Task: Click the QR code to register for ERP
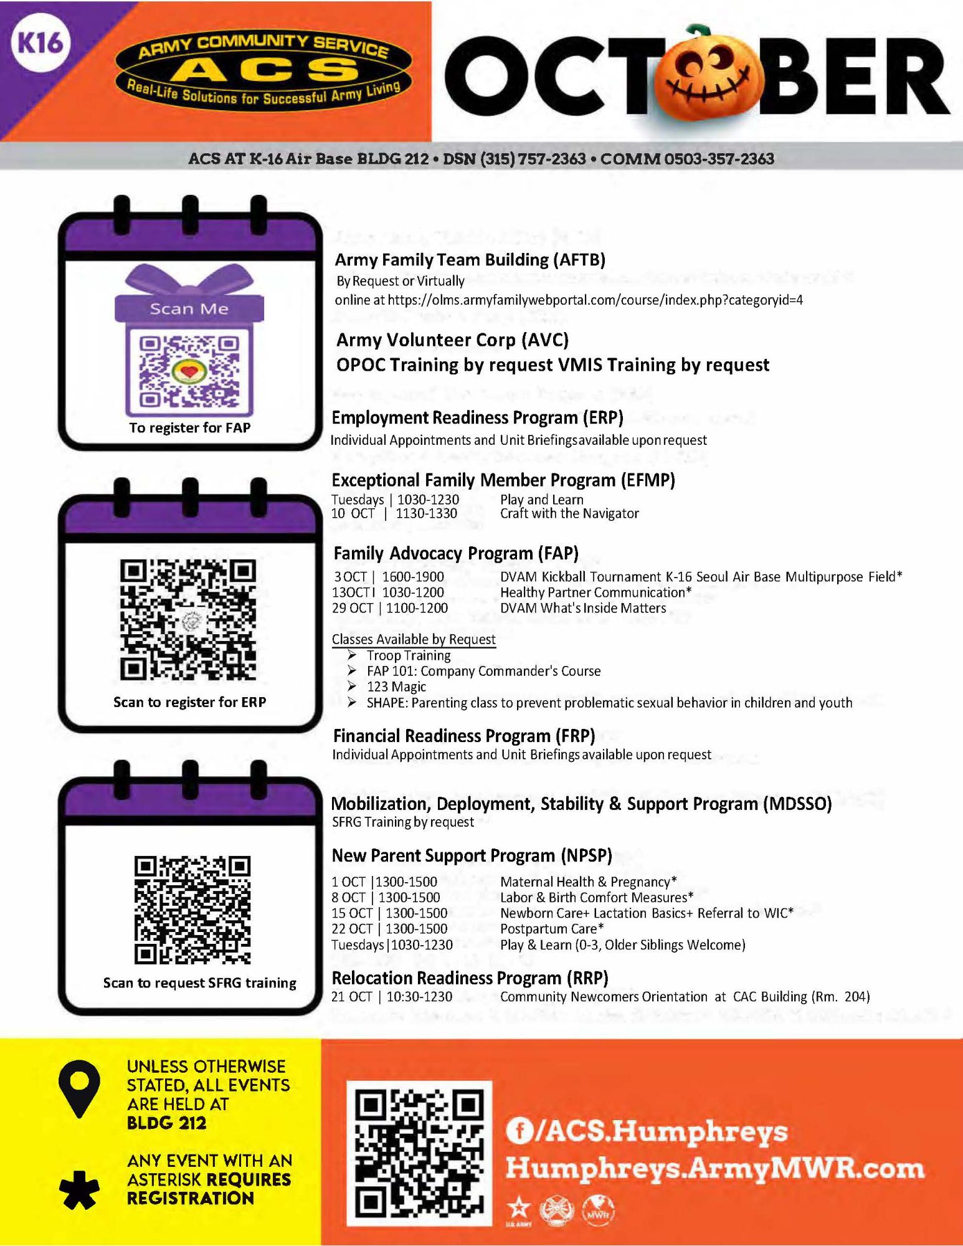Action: point(187,619)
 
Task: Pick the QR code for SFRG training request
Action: point(192,910)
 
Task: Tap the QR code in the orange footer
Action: point(420,1153)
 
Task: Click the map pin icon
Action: point(79,1087)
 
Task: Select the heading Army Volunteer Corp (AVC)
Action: point(452,340)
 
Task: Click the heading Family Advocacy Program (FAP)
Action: point(456,553)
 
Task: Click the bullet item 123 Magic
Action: point(396,687)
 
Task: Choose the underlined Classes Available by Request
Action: point(414,639)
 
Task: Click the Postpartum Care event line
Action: point(468,929)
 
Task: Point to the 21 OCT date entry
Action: point(351,997)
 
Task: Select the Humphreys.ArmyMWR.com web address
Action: point(714,1168)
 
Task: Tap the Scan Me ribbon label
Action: point(189,309)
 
